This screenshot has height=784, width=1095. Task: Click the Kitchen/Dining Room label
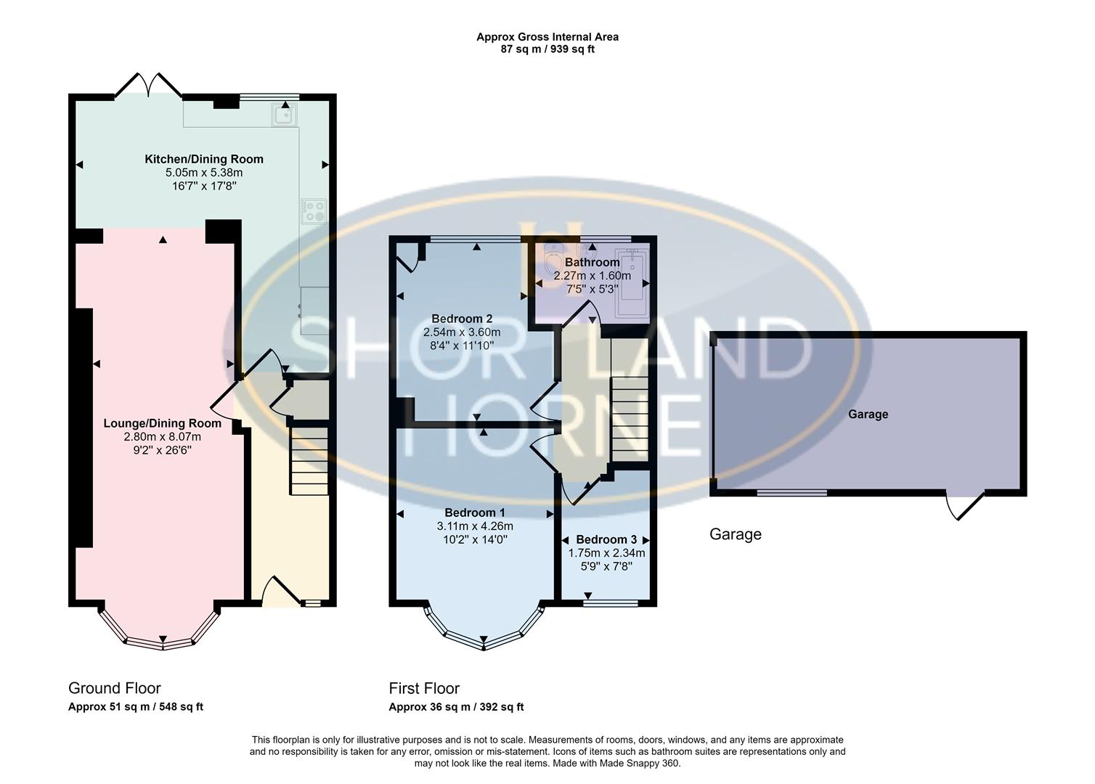click(x=204, y=159)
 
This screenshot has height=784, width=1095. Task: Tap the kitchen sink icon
click(x=284, y=115)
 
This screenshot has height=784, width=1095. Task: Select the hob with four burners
click(x=314, y=211)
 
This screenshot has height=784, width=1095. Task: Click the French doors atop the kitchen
click(x=148, y=86)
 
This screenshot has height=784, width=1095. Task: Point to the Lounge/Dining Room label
click(x=162, y=423)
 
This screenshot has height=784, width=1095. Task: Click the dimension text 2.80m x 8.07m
click(x=162, y=436)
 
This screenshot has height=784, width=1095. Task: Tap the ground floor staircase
click(x=309, y=462)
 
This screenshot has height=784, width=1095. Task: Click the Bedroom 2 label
click(x=462, y=319)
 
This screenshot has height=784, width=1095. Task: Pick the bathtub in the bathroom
click(x=631, y=284)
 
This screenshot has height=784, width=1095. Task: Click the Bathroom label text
click(x=592, y=262)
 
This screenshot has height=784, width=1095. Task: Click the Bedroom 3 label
click(x=606, y=539)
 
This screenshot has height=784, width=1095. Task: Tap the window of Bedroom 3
click(x=611, y=602)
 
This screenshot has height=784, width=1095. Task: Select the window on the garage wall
click(x=791, y=493)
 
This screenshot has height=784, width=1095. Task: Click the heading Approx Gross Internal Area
click(x=547, y=36)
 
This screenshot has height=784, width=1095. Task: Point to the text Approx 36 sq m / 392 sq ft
click(x=456, y=707)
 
